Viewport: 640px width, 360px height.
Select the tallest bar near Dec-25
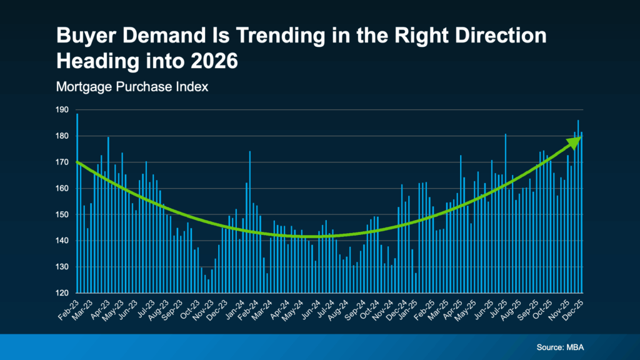(578, 206)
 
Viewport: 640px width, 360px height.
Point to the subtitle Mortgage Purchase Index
(132, 87)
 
